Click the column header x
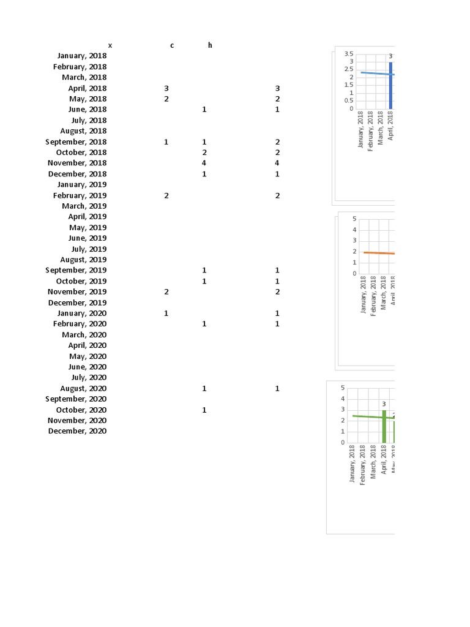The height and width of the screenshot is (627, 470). point(110,45)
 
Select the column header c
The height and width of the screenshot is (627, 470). point(172,45)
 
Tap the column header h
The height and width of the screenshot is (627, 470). point(210,45)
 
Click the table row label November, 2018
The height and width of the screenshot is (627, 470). point(77,163)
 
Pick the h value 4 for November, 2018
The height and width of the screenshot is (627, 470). point(204,163)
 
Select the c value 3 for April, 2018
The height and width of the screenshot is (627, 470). point(166,88)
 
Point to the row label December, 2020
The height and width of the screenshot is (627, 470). point(77,431)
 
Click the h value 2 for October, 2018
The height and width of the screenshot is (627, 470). point(204,152)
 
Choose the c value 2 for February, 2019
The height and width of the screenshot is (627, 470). point(166,195)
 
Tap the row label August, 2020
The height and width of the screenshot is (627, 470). point(83,388)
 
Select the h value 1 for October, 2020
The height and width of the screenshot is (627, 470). point(204,410)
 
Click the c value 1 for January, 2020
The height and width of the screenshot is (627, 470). point(166,313)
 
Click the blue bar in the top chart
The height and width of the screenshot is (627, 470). point(390,86)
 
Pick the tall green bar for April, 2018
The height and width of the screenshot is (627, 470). point(384,426)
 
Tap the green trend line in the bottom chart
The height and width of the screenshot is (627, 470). point(367,416)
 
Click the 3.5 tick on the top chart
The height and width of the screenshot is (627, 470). point(349,54)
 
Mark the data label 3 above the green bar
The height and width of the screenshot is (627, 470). point(384,404)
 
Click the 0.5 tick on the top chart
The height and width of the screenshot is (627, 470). point(349,101)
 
